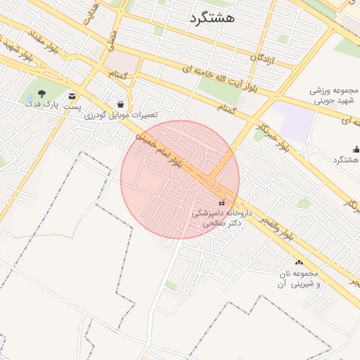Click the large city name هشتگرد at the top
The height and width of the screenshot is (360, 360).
(212, 19)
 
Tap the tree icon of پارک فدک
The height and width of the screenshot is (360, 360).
(41, 94)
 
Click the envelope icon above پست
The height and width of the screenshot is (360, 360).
(72, 95)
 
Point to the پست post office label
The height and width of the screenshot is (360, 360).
(73, 106)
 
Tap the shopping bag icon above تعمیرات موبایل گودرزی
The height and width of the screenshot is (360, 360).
(121, 104)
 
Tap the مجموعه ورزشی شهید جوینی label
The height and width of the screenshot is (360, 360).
(335, 96)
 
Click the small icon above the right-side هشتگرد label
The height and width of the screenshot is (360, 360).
(356, 149)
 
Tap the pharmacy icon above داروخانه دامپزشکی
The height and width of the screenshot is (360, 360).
(222, 203)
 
